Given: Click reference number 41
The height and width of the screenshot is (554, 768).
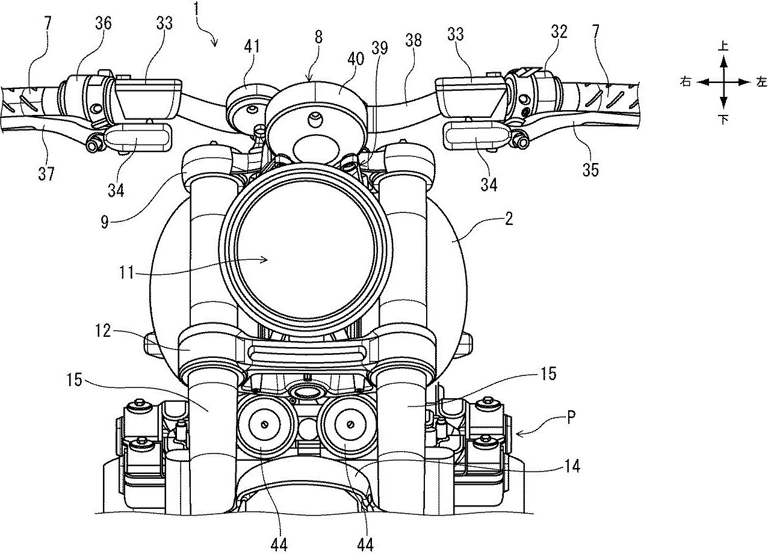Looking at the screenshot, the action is (252, 46).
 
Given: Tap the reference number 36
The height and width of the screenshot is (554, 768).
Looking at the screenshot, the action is (102, 23).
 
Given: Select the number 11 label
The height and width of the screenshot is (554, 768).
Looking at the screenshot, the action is (126, 273).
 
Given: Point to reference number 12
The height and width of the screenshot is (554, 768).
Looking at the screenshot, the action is (102, 331).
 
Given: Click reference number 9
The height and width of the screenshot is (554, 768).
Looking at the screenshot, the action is (105, 222).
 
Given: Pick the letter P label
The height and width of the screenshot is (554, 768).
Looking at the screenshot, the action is (571, 418).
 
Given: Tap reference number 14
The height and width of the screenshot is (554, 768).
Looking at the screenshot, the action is (571, 466).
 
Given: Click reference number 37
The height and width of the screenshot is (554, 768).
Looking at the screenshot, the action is (46, 173).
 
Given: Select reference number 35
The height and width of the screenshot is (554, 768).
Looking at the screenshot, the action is (590, 169).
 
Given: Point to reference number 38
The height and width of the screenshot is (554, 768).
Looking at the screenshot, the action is (413, 40).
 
